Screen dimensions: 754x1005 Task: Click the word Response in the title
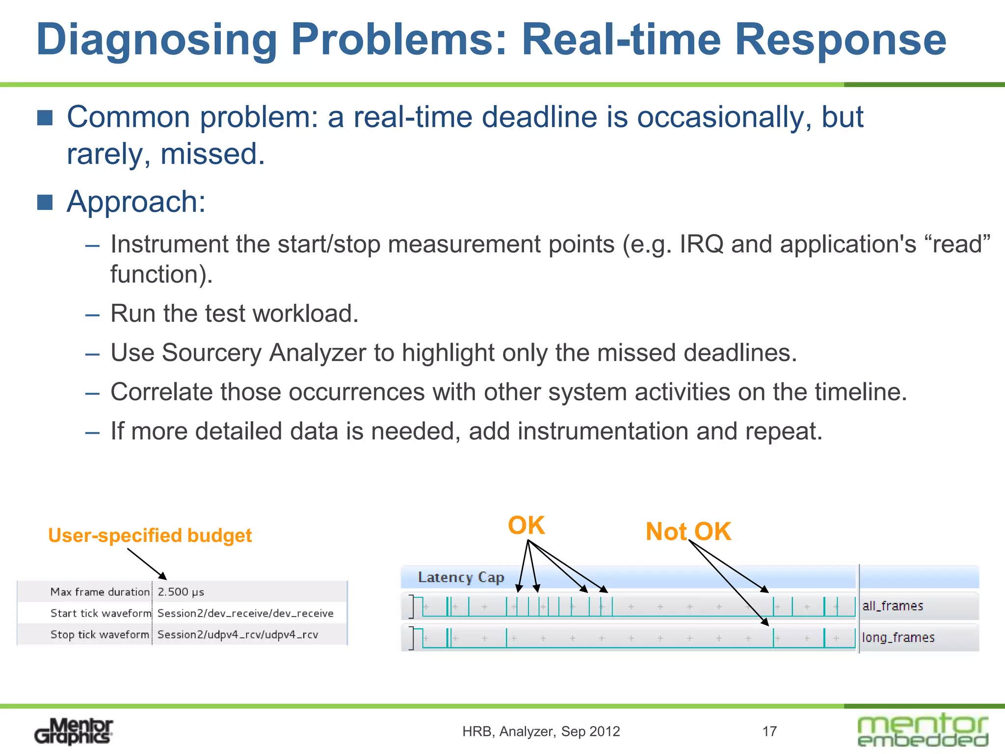click(x=840, y=40)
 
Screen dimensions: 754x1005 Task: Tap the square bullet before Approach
click(x=45, y=202)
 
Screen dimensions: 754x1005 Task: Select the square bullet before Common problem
click(x=45, y=118)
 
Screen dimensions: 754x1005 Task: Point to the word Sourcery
click(x=214, y=352)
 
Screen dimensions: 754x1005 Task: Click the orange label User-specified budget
click(x=150, y=535)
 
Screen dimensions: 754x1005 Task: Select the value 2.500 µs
click(x=181, y=592)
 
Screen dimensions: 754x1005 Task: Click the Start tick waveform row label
click(x=101, y=613)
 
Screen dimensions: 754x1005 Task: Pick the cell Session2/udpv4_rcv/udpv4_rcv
click(x=238, y=635)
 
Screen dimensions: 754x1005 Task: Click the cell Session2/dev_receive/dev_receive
click(x=245, y=613)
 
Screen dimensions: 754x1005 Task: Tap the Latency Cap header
click(x=461, y=577)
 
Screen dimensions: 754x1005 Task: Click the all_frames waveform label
click(x=892, y=606)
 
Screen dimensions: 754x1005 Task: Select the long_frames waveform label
click(x=898, y=637)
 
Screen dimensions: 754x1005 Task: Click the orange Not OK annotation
click(x=688, y=532)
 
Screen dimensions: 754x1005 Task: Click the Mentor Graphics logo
click(x=74, y=731)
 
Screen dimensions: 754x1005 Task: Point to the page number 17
click(x=769, y=731)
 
